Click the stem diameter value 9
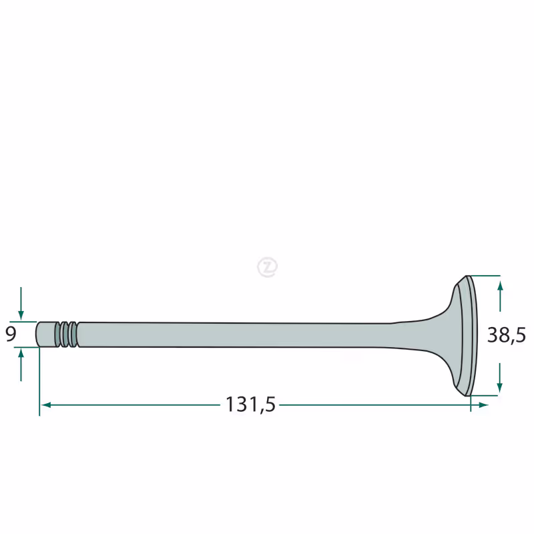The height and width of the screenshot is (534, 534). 11,334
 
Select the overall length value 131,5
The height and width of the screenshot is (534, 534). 250,405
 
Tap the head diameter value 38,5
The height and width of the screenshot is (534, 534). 507,335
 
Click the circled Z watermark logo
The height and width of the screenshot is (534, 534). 268,267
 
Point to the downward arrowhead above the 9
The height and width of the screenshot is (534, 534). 21,315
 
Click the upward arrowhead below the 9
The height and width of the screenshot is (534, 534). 21,354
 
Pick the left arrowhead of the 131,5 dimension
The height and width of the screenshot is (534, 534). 46,405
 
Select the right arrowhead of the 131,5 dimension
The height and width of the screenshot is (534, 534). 483,405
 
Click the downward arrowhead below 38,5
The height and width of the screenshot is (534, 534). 499,387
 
